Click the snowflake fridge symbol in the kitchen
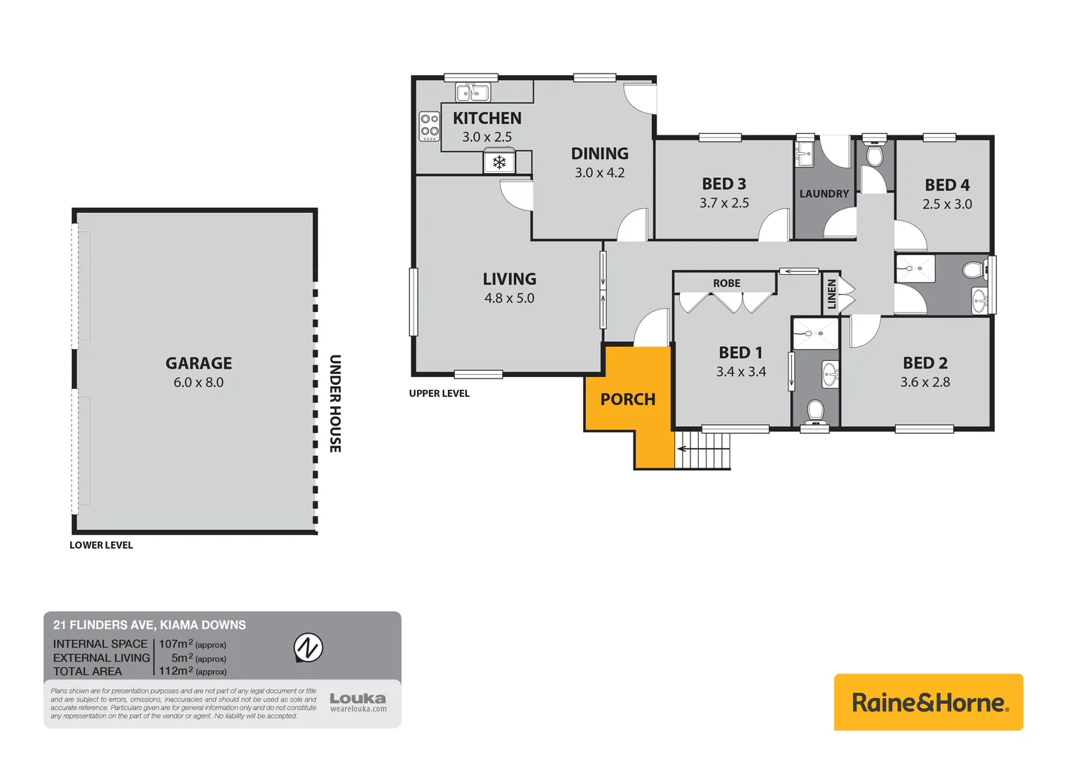tap(499, 163)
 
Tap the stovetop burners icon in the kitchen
tap(429, 126)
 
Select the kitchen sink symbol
tap(472, 92)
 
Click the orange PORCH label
tap(628, 400)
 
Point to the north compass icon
tap(308, 647)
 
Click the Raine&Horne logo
tap(928, 702)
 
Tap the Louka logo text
tap(357, 698)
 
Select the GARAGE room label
tap(198, 363)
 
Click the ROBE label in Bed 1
tap(726, 283)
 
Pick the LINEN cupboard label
tap(832, 294)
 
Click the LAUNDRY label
tap(824, 193)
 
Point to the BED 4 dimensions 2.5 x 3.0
tap(947, 204)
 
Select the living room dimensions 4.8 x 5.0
tap(509, 298)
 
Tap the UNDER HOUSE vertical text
tap(336, 403)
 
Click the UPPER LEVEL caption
tap(439, 393)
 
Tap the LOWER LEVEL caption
tap(101, 545)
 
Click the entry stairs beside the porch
tap(702, 449)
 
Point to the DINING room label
tap(599, 154)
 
